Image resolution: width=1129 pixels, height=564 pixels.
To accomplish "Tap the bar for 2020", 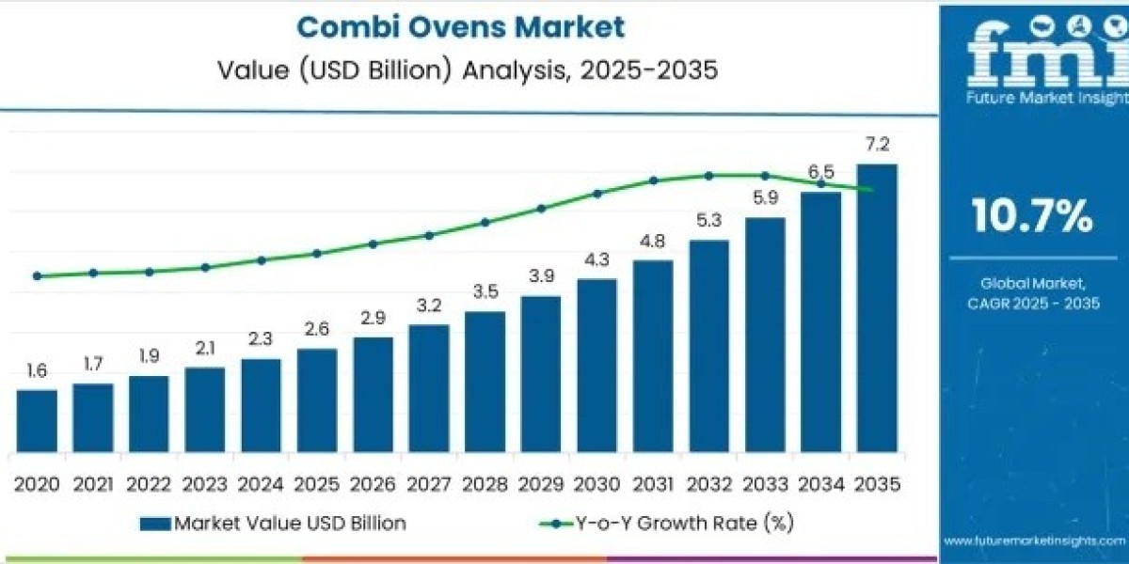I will coord(37,420).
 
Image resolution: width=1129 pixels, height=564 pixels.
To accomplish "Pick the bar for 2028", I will coord(485,381).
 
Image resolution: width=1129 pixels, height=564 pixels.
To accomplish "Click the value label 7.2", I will coord(877,145).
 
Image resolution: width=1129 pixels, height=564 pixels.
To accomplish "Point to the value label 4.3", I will coord(596,259).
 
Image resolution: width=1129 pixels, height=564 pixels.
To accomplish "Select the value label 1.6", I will coord(37,371).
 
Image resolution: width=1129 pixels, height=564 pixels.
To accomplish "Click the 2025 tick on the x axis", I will coord(316,484).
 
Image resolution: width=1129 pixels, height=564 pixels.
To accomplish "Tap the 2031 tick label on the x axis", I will coord(653,484).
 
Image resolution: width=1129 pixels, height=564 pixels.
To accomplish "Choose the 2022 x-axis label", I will coord(149,484).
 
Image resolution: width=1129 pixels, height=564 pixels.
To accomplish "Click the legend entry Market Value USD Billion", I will coord(273,524).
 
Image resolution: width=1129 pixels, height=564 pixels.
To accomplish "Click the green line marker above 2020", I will coord(37,276).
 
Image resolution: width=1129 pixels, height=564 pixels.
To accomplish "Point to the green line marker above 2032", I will coord(708,176).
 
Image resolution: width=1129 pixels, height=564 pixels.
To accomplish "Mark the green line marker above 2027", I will coord(429,235).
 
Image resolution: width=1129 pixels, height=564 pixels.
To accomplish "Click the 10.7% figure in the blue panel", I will coord(1032,217).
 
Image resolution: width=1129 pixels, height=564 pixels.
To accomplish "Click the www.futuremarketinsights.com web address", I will coord(1035,541).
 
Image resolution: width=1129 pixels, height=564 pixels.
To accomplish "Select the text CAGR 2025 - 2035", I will coord(1032,303).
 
